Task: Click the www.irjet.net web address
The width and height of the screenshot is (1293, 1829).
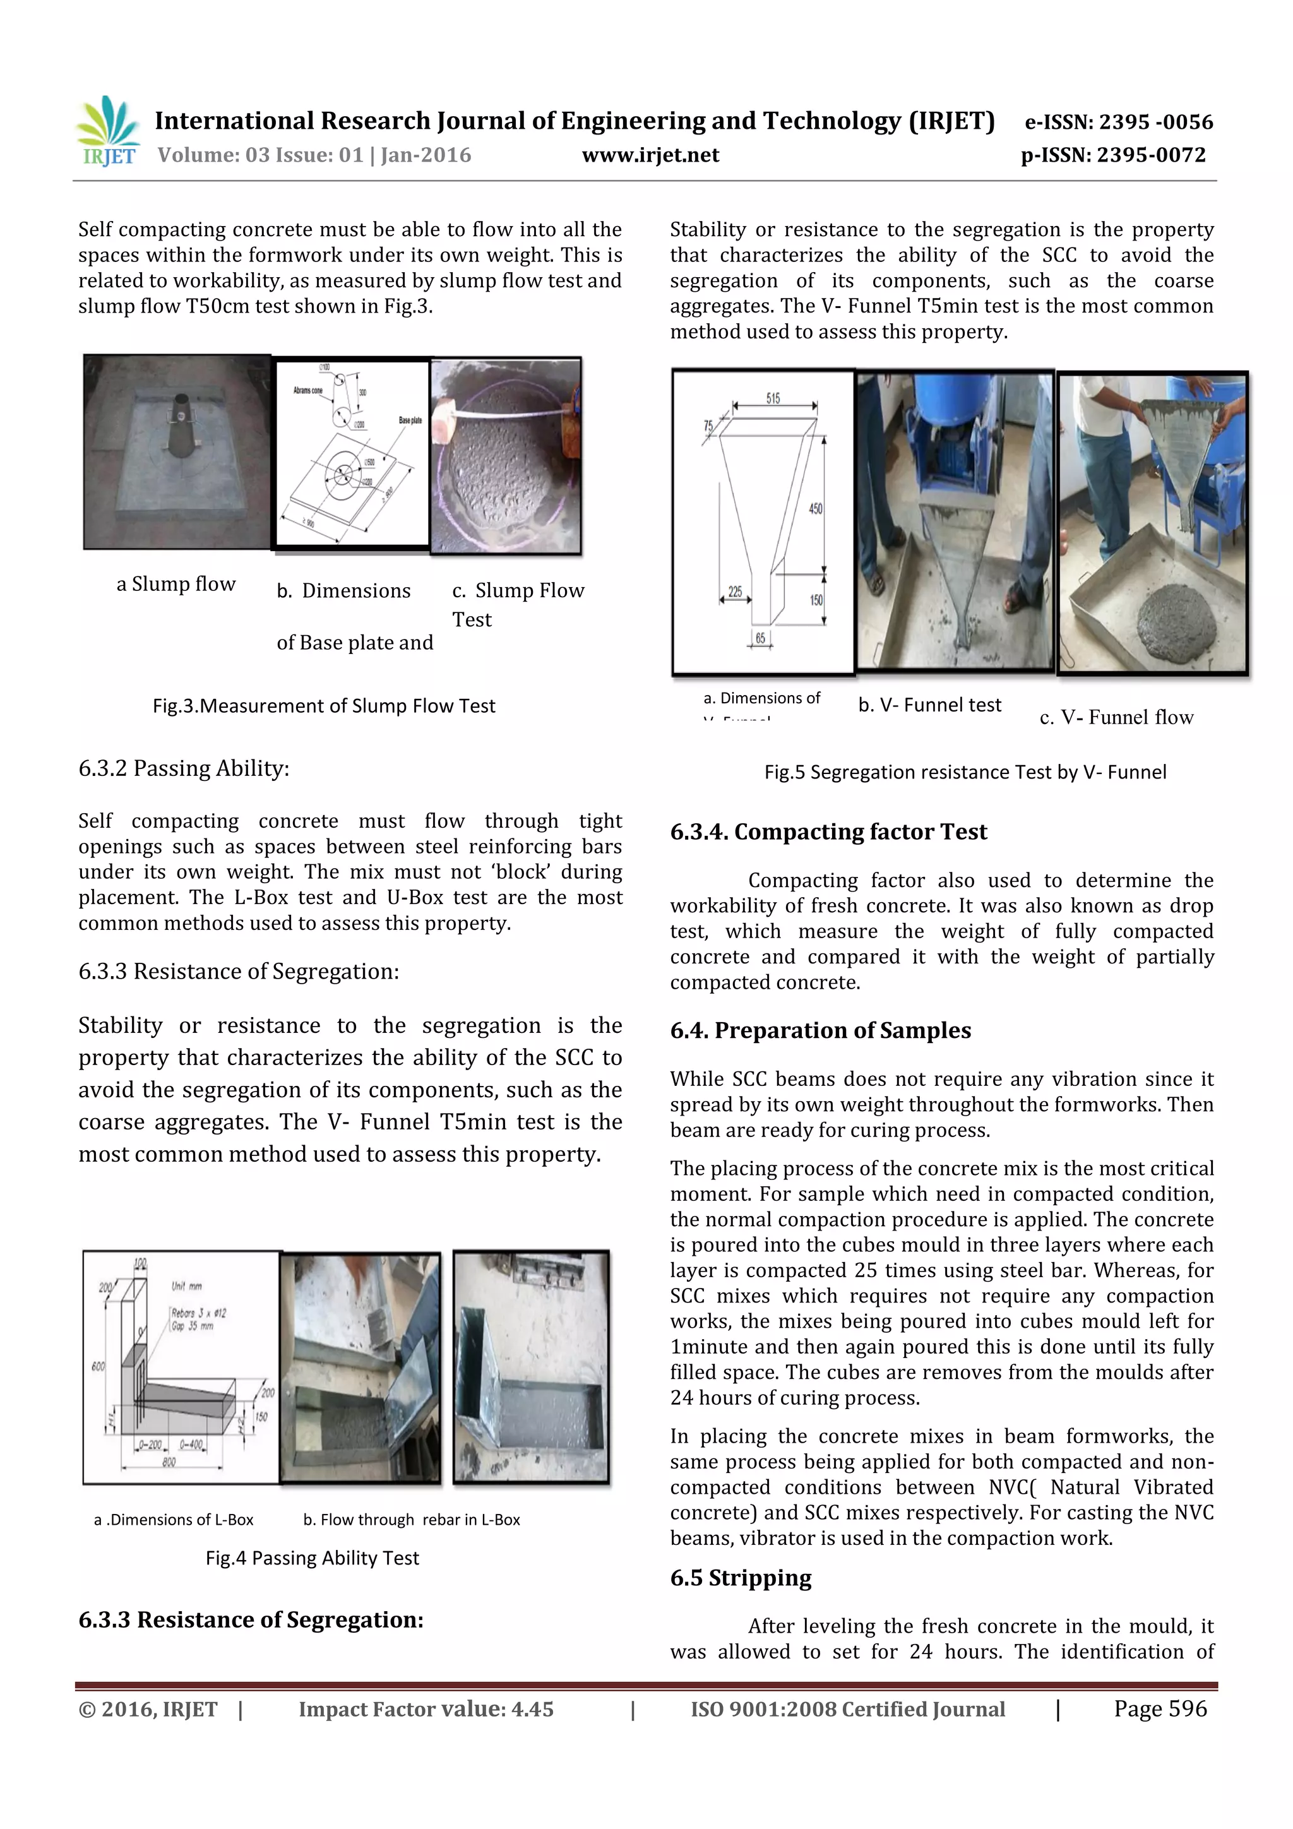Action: pyautogui.click(x=650, y=155)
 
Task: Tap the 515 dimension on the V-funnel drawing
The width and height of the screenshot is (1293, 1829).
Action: pyautogui.click(x=773, y=398)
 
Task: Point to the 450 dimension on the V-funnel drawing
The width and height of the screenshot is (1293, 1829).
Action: pyautogui.click(x=815, y=508)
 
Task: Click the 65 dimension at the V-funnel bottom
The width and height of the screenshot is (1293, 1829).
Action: pyautogui.click(x=760, y=638)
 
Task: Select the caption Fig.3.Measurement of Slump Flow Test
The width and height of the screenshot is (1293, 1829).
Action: pyautogui.click(x=323, y=706)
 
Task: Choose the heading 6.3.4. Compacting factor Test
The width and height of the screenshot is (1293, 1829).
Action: pyautogui.click(x=828, y=831)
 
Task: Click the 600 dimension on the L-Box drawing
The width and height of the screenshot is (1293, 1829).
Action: pyautogui.click(x=98, y=1366)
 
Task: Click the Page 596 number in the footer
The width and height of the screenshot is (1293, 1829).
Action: pyautogui.click(x=1160, y=1708)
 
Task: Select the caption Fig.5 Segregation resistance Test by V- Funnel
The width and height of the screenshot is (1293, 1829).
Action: pyautogui.click(x=965, y=772)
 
